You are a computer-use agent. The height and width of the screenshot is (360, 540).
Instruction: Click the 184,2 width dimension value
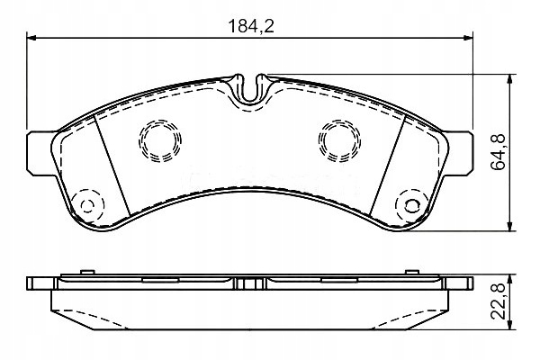coord(251,26)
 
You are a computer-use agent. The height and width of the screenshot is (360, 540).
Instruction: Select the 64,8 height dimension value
coord(498,152)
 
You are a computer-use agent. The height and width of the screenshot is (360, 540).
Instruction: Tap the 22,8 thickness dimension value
coord(498,301)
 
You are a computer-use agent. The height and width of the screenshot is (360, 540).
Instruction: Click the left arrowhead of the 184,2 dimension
coord(31,38)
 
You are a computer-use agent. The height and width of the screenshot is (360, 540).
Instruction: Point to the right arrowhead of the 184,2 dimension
coord(468,38)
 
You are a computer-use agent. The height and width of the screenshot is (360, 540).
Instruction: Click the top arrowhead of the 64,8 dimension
coord(510,79)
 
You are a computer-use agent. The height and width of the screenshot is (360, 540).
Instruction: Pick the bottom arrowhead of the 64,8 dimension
coord(510,226)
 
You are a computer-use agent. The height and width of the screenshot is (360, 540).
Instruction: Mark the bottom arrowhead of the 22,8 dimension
coord(510,325)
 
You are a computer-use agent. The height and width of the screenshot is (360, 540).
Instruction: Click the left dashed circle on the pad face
coord(160,121)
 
